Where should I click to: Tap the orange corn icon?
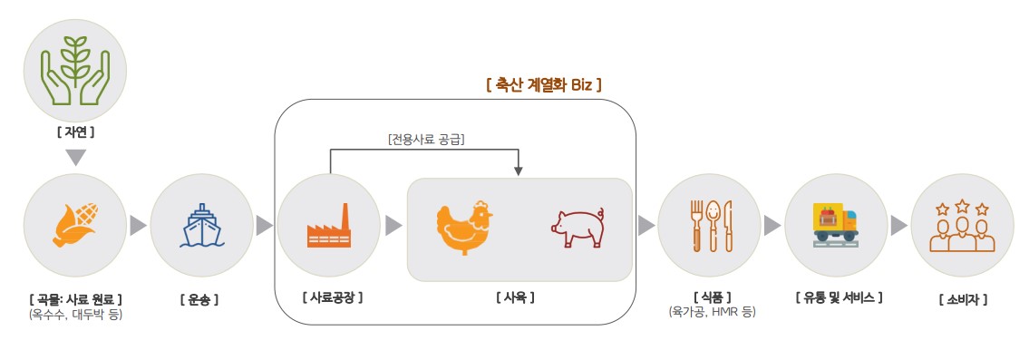click(76, 226)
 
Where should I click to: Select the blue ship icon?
click(200, 226)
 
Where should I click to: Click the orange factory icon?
click(329, 228)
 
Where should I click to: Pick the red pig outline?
click(578, 228)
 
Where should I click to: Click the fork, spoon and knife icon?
click(711, 226)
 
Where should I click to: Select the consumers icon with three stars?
click(962, 226)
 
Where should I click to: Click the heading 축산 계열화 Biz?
click(544, 84)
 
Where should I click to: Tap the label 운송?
click(199, 298)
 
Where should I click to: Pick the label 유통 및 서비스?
click(838, 297)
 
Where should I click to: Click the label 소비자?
click(963, 298)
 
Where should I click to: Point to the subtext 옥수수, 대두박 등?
click(75, 315)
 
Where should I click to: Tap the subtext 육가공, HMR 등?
click(711, 312)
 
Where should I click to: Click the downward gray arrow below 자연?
click(77, 158)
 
